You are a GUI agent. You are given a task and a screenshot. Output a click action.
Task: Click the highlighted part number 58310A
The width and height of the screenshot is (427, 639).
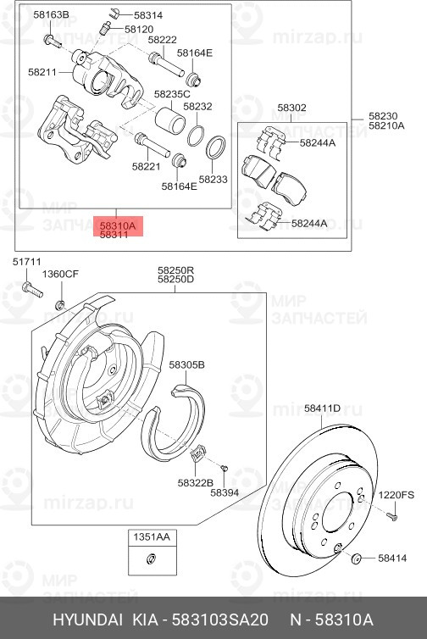point(118,225)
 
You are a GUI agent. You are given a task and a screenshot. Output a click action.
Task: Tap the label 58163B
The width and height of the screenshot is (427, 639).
point(51,15)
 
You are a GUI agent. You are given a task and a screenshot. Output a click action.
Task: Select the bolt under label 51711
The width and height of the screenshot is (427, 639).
point(32,289)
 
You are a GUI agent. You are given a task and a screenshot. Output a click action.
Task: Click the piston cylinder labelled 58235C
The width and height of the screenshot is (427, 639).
point(170,120)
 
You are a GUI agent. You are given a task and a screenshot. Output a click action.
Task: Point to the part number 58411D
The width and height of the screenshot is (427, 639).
point(322,408)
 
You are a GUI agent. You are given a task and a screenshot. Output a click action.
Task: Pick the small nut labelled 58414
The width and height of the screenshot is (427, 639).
point(357,558)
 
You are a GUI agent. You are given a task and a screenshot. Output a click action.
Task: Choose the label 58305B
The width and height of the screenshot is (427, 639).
point(186,364)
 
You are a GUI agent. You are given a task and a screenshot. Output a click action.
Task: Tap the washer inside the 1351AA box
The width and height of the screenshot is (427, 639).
point(151,558)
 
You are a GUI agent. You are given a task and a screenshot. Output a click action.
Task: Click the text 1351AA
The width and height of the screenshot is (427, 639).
point(152,536)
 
